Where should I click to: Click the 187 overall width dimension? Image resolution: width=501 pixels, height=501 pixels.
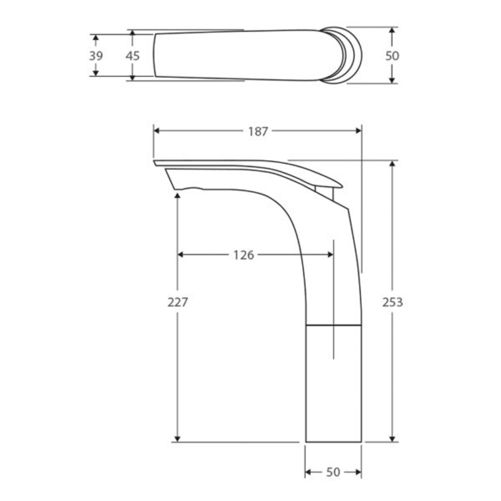(x=258, y=131)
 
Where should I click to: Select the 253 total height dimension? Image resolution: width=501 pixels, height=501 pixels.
(x=393, y=302)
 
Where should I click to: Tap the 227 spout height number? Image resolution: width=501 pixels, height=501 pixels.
(x=178, y=302)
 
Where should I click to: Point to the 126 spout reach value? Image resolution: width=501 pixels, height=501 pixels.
(x=243, y=255)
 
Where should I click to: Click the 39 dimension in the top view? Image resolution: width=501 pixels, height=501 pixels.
(x=96, y=56)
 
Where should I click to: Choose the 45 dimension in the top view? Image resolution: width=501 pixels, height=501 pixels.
(x=132, y=56)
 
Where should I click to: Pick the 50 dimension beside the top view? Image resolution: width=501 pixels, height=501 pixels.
(x=392, y=56)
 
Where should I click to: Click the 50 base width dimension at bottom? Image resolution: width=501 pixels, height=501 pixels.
(x=333, y=473)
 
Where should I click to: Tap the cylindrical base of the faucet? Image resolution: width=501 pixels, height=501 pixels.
(x=334, y=384)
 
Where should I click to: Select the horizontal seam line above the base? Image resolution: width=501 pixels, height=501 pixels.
(x=334, y=323)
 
